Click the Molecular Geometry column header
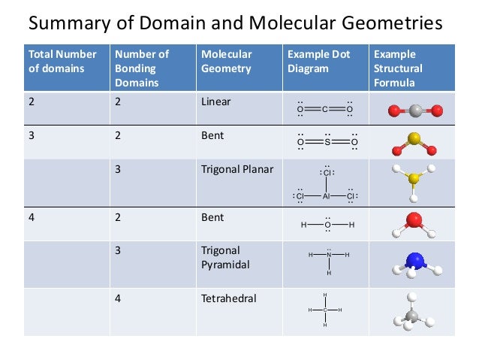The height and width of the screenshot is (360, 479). (227, 61)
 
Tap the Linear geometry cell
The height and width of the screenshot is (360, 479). (216, 101)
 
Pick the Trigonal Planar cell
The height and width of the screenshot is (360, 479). (237, 169)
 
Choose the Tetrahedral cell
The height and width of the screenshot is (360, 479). (229, 298)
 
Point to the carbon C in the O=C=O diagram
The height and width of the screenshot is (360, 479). (324, 110)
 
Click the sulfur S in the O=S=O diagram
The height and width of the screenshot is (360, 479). (327, 141)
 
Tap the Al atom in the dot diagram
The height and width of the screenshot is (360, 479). (327, 196)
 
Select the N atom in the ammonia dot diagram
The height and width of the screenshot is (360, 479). (329, 256)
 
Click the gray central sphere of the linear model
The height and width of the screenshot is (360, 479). (415, 111)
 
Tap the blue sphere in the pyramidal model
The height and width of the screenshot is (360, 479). (414, 261)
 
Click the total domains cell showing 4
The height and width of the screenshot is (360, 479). (32, 217)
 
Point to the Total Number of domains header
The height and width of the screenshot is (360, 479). (62, 61)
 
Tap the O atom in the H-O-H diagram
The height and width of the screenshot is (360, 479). (327, 225)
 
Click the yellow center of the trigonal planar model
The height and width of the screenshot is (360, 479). (413, 180)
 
